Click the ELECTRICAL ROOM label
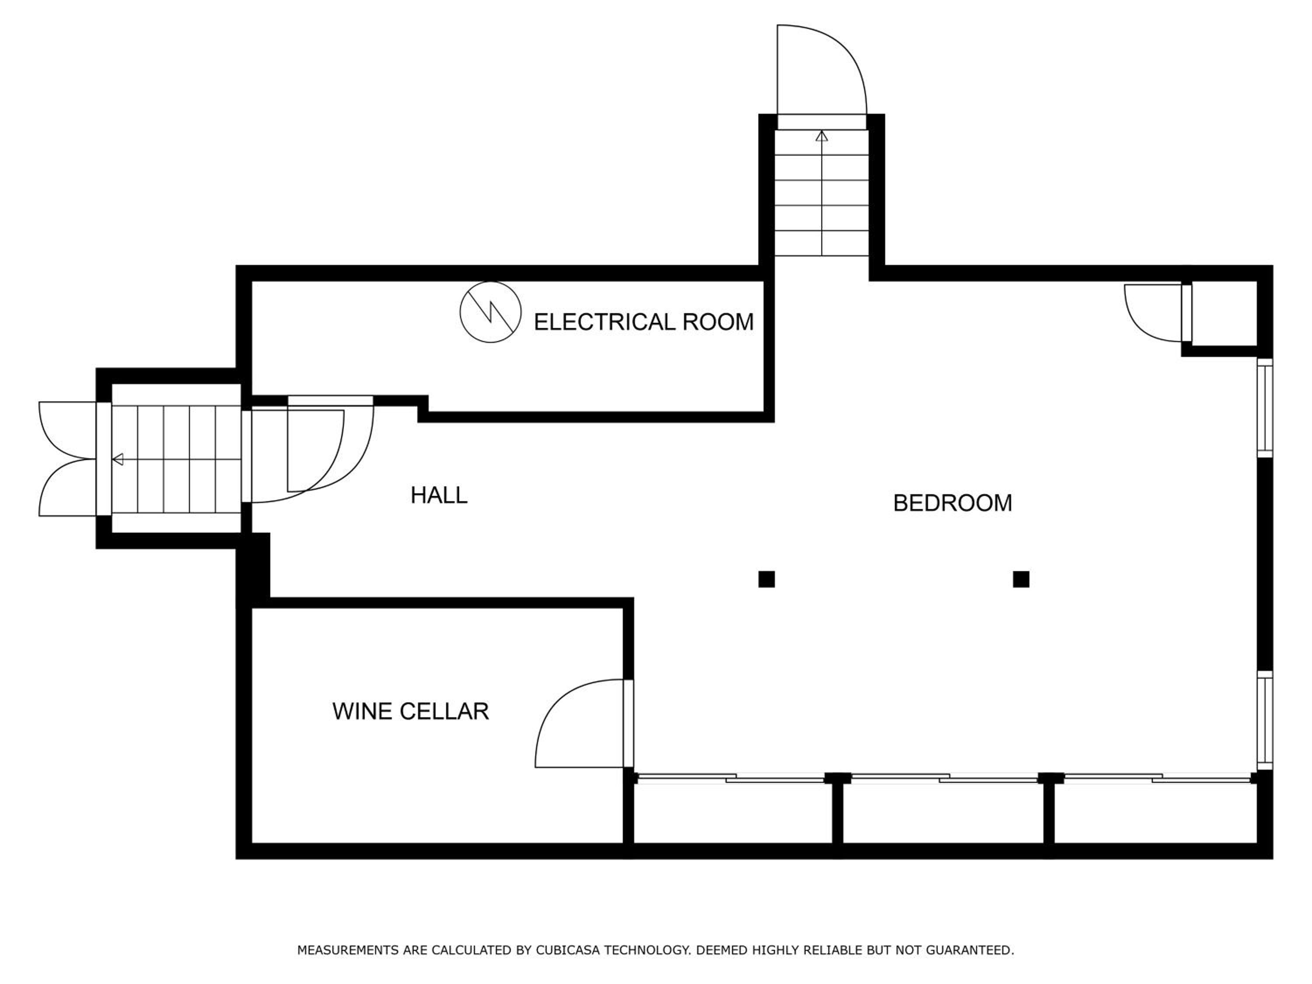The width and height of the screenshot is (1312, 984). [644, 322]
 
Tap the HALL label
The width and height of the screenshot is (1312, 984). [439, 495]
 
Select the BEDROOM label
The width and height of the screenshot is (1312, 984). [953, 503]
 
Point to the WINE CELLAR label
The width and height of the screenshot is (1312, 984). [411, 711]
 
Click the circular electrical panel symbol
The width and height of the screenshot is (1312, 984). [491, 312]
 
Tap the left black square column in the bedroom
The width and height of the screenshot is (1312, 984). [766, 579]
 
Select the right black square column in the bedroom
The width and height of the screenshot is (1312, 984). [1021, 579]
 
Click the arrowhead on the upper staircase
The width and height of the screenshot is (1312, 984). [821, 136]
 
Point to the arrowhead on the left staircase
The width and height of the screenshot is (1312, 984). [118, 459]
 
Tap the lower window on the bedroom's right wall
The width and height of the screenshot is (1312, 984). [1265, 719]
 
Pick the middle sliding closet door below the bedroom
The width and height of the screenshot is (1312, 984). [944, 778]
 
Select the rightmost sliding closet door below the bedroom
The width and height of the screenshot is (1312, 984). [1157, 778]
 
